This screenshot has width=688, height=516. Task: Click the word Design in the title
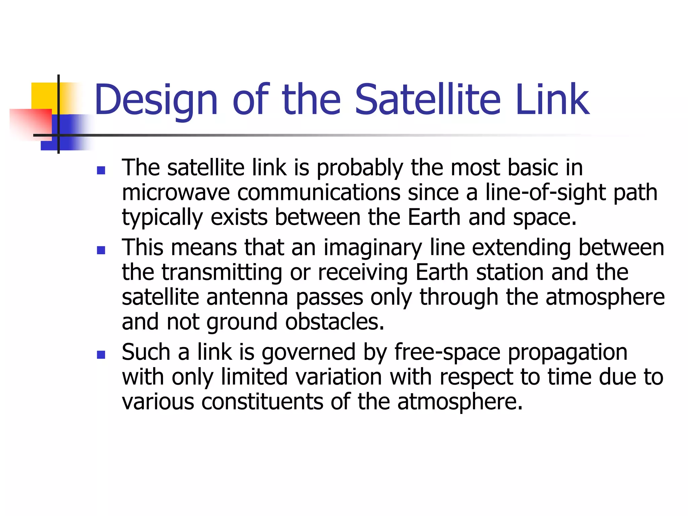coord(156,100)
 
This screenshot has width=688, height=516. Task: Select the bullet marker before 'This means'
coord(101,250)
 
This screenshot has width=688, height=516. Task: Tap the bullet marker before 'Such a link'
coord(101,355)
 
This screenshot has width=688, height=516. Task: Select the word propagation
coord(567,352)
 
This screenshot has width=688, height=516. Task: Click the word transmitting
coord(222,272)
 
